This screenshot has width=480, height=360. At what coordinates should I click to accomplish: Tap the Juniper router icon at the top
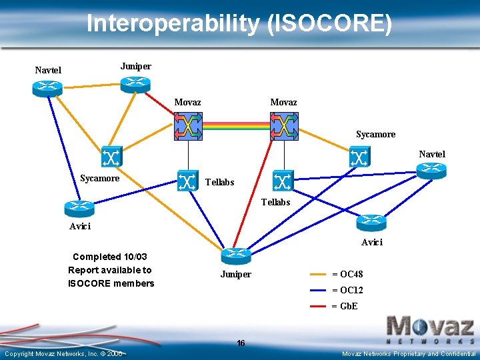coord(135,83)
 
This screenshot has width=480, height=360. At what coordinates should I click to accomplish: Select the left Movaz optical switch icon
coord(188,126)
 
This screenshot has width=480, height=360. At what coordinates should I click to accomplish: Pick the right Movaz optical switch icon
coord(284,126)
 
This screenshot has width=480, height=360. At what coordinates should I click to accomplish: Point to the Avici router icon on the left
coord(79,209)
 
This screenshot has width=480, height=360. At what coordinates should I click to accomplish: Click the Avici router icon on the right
coord(371,223)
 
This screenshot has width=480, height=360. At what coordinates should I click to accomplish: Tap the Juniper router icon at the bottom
coord(235,256)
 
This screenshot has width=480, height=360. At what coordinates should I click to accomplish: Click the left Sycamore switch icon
coord(111,157)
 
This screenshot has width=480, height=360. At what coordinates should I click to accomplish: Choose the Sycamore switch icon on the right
coord(359,157)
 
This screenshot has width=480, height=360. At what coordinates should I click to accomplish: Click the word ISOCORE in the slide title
coord(327,24)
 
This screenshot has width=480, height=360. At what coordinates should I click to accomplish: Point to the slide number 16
coord(241,343)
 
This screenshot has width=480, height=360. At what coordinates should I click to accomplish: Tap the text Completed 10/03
coord(110,257)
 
